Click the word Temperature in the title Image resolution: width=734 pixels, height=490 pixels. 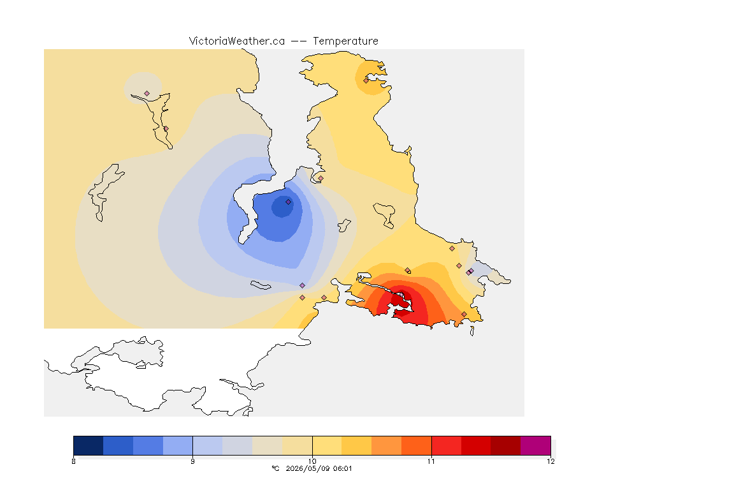pyautogui.click(x=345, y=41)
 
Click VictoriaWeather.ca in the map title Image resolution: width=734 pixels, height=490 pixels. pyautogui.click(x=237, y=41)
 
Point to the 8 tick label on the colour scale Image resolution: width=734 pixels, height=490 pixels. pyautogui.click(x=73, y=461)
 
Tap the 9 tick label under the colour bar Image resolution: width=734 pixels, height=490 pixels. pyautogui.click(x=193, y=461)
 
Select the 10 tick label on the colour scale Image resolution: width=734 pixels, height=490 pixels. pyautogui.click(x=312, y=461)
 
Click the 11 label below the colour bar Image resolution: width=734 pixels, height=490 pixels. pyautogui.click(x=431, y=461)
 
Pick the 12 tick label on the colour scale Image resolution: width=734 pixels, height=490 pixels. pyautogui.click(x=550, y=461)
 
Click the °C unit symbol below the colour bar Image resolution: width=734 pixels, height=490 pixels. pyautogui.click(x=275, y=468)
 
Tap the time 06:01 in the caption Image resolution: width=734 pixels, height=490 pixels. pyautogui.click(x=343, y=468)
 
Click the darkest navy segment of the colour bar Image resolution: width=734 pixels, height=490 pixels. pyautogui.click(x=89, y=445)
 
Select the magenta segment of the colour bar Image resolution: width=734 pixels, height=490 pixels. pyautogui.click(x=535, y=445)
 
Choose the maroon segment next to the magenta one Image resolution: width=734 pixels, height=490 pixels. pyautogui.click(x=505, y=445)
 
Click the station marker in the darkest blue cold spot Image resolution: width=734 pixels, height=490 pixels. pyautogui.click(x=289, y=202)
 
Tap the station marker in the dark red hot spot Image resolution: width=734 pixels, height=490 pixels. pyautogui.click(x=401, y=295)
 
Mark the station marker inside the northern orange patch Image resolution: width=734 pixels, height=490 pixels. pyautogui.click(x=366, y=80)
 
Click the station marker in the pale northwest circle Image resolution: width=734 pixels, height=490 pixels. pyautogui.click(x=147, y=94)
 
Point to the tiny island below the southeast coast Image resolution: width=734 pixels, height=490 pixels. pyautogui.click(x=472, y=331)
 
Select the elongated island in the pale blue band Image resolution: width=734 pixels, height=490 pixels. pyautogui.click(x=261, y=285)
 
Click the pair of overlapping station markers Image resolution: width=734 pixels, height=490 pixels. pyautogui.click(x=470, y=272)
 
